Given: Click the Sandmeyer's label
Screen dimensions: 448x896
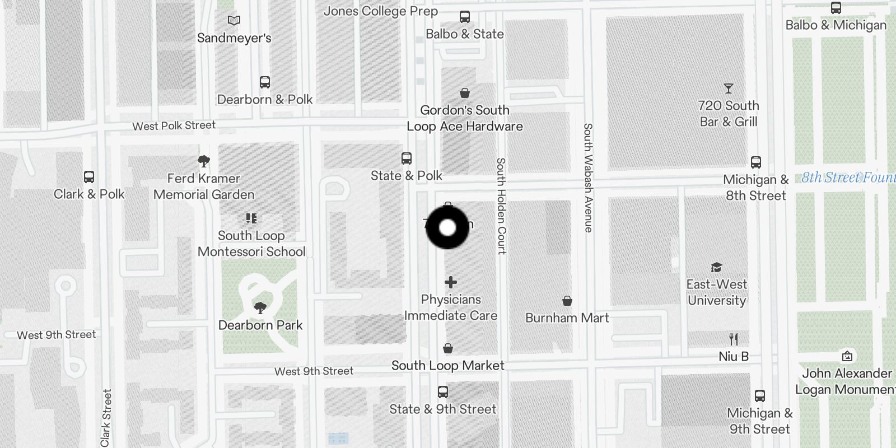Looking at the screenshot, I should click(x=234, y=38).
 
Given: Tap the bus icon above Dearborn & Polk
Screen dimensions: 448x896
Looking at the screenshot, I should click(x=265, y=82).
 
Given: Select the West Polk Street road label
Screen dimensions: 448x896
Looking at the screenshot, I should click(x=174, y=125).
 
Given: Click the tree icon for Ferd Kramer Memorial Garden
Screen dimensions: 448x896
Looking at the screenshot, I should click(x=204, y=161).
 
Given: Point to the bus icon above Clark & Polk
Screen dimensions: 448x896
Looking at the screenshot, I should click(x=89, y=177).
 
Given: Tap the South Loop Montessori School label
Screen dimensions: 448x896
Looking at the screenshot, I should click(x=251, y=244).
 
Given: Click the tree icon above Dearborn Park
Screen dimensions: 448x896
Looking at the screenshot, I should click(x=260, y=307).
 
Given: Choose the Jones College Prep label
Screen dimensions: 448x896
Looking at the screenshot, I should click(x=381, y=11).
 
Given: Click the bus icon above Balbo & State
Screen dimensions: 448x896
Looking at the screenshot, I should click(x=465, y=17).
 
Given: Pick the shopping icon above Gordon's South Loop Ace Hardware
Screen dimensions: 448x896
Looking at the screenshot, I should click(x=465, y=92).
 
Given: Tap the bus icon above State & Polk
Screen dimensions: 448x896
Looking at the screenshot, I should click(x=407, y=158).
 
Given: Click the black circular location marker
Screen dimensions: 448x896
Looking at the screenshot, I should click(x=447, y=227).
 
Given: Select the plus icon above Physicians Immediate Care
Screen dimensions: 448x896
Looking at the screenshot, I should click(x=451, y=282).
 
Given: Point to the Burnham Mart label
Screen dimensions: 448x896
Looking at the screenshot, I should click(x=567, y=318).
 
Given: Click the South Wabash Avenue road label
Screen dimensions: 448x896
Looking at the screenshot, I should click(x=587, y=178).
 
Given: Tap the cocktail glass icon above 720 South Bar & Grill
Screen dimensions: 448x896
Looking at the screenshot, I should click(x=728, y=88).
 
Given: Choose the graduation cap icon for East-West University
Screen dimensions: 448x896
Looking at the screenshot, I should click(x=716, y=267).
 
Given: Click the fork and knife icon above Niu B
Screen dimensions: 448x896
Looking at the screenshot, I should click(x=734, y=339).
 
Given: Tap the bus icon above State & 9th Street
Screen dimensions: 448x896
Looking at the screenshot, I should click(x=443, y=391).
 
